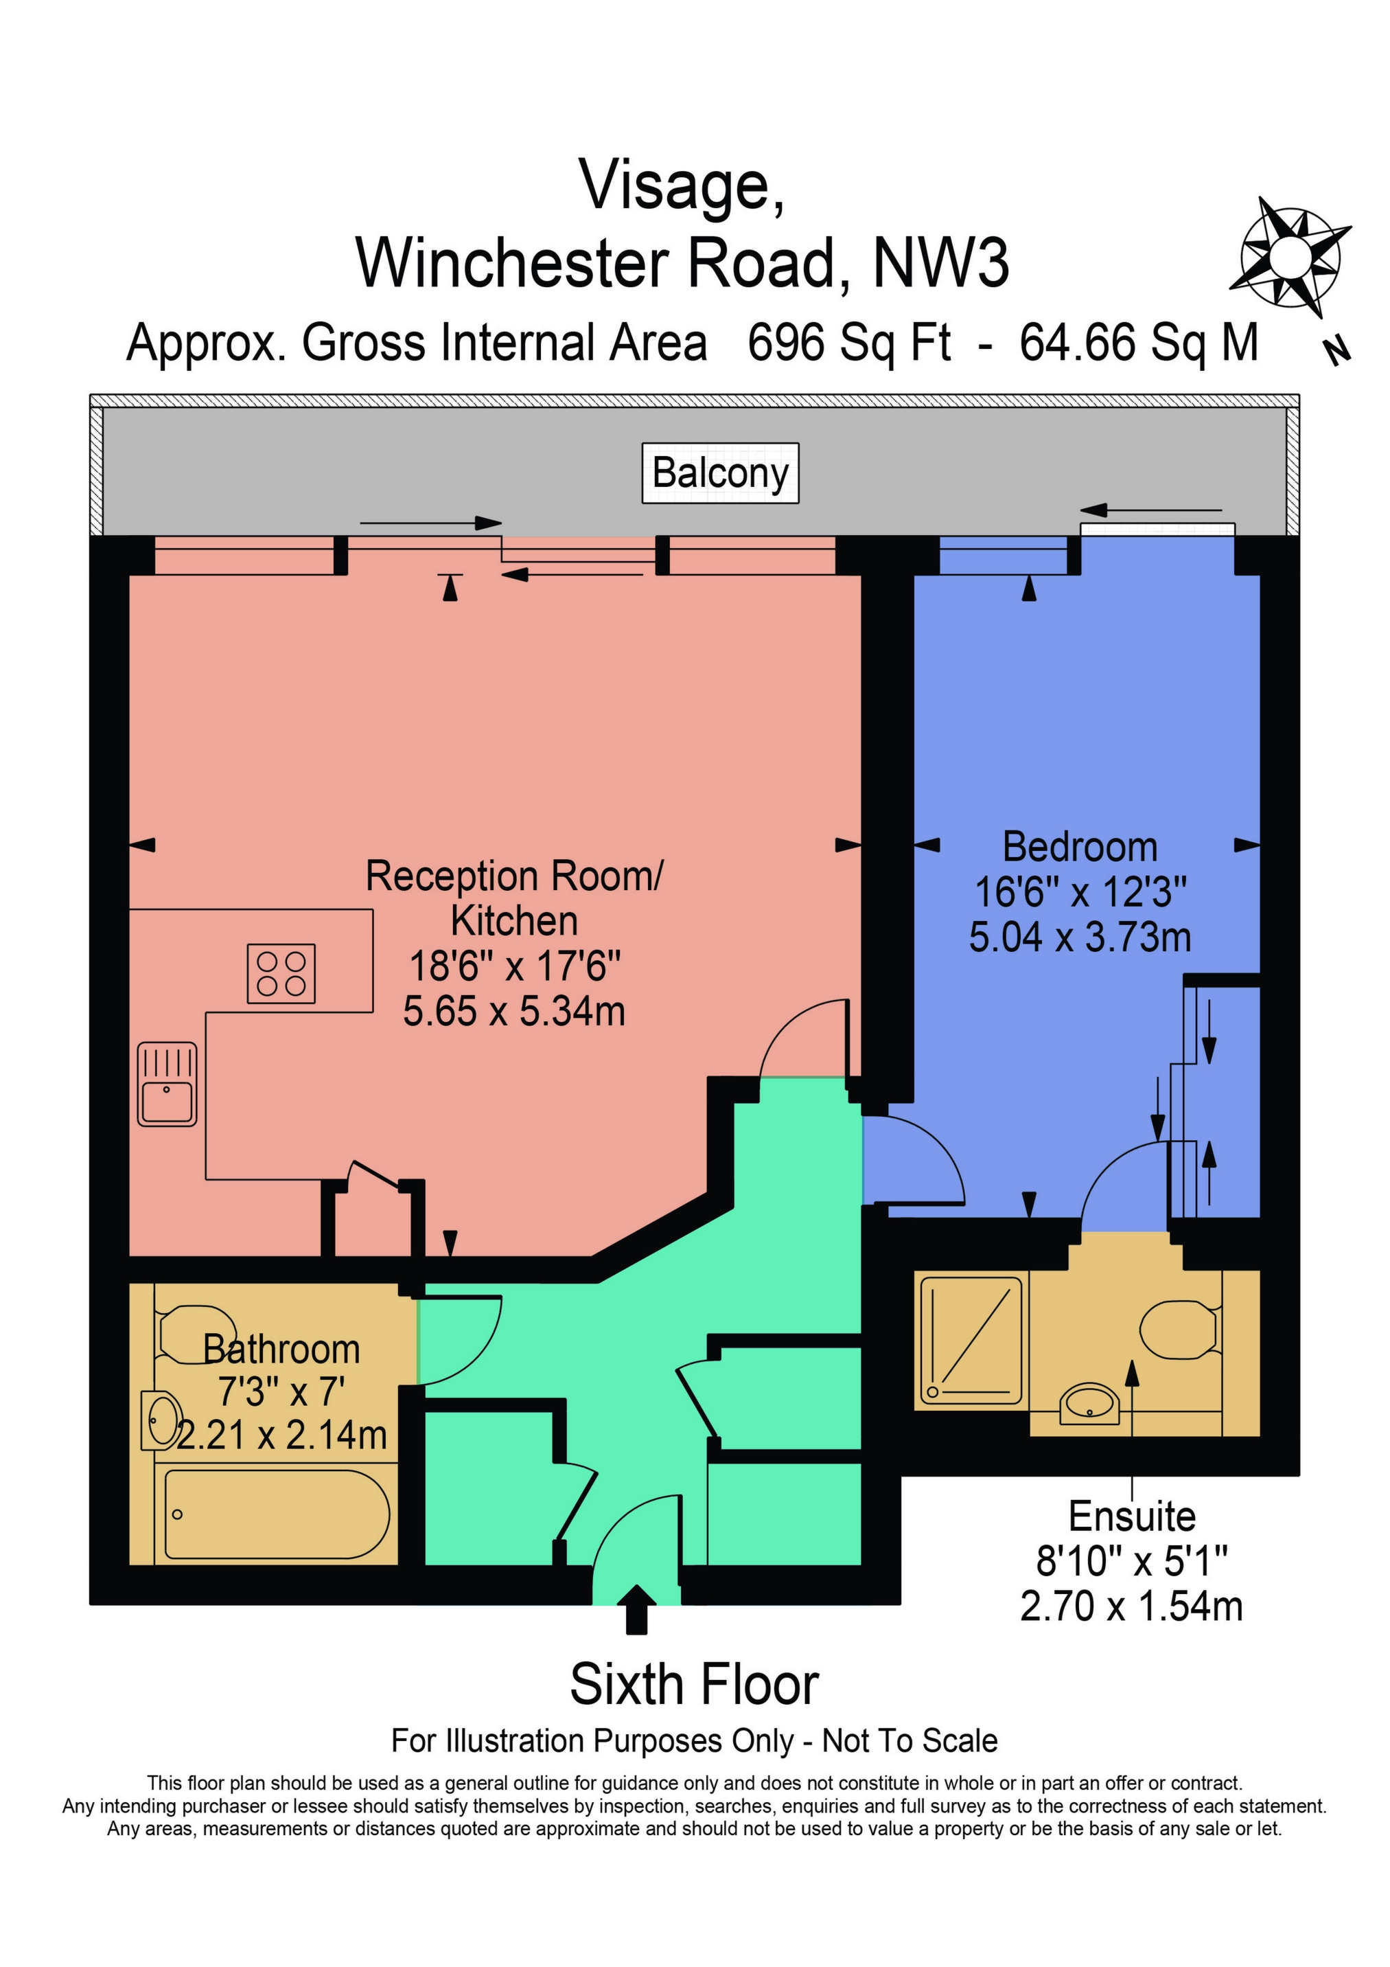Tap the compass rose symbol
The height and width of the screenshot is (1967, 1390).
point(1290,256)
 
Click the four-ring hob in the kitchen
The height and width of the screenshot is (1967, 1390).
point(281,973)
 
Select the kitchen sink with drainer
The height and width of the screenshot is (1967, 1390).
point(167,1084)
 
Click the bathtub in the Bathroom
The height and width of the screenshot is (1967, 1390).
point(276,1514)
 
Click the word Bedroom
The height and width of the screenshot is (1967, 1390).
point(1079,848)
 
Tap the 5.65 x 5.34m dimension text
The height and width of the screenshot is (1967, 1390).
point(514,1012)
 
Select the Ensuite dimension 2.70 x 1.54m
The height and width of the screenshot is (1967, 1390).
point(1131,1606)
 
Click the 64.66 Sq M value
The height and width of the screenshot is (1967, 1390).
point(1138,343)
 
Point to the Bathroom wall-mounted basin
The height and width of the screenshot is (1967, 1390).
point(162,1420)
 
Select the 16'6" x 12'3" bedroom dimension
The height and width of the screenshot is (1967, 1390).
point(1080,892)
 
